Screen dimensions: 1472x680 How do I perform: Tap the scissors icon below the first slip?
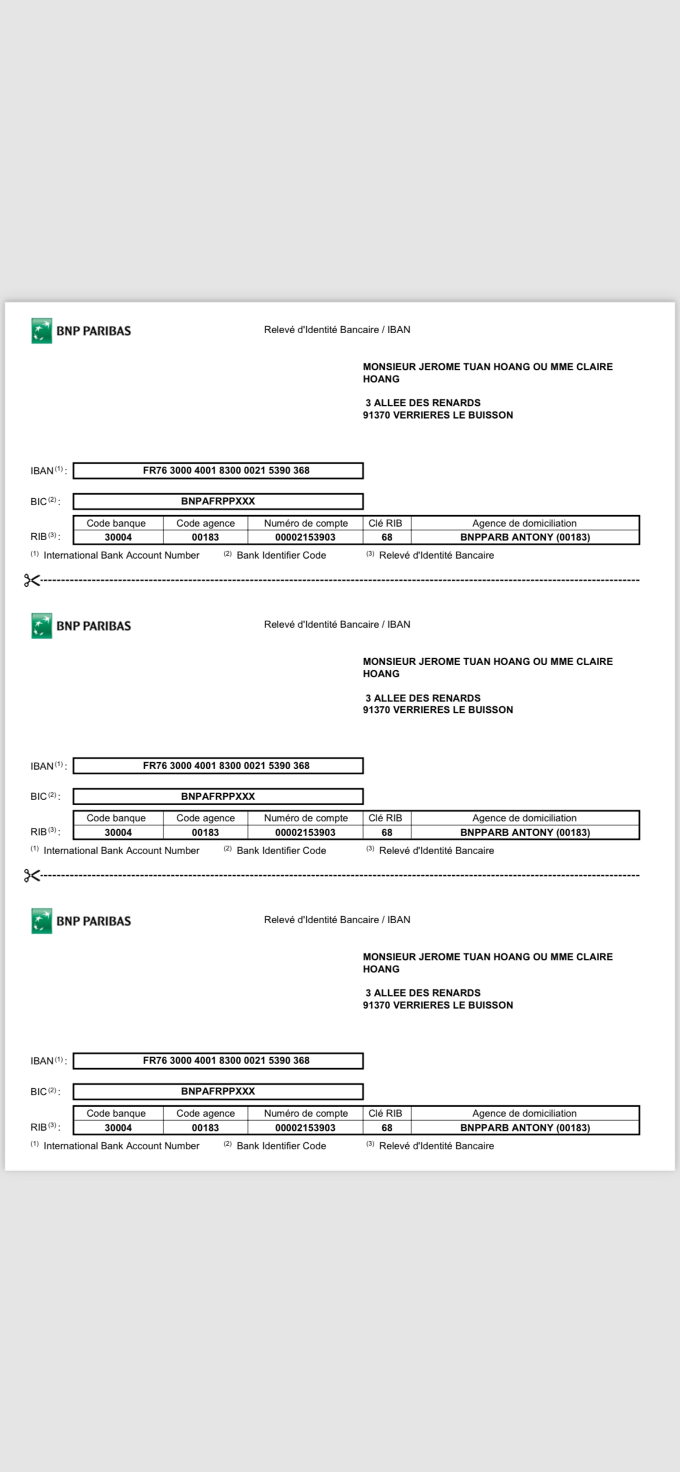[32, 580]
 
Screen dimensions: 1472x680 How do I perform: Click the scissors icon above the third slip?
[32, 875]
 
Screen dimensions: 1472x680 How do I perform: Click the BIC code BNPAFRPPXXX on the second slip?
[218, 796]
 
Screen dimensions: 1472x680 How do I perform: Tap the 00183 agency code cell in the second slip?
[205, 832]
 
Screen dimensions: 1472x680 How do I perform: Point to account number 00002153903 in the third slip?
[305, 1127]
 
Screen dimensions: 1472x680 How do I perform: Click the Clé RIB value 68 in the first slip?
[387, 537]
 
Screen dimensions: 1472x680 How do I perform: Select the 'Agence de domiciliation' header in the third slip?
[524, 1113]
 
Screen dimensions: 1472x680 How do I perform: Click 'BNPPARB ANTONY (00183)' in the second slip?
[525, 832]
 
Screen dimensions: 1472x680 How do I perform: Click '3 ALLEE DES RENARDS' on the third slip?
[423, 992]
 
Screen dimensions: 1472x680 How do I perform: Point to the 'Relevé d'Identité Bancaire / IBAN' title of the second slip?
[337, 624]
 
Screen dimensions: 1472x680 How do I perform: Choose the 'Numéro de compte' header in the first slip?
[306, 523]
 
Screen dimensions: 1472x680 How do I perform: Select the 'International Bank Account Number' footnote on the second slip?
[121, 850]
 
